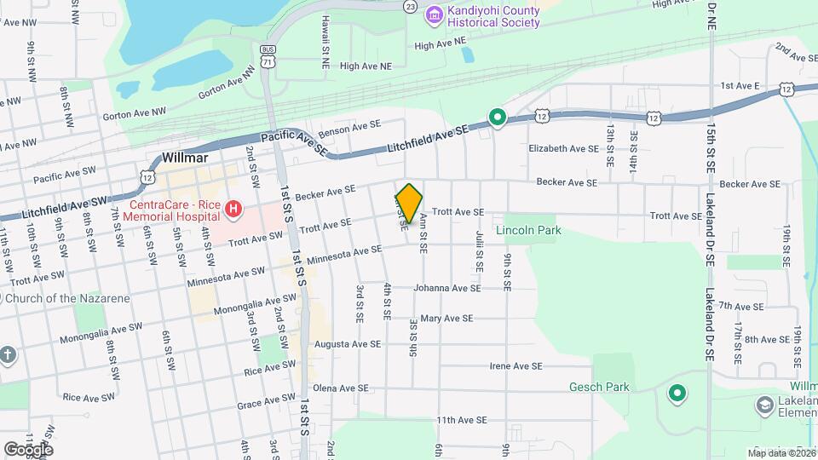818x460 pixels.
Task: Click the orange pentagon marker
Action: tap(409, 204)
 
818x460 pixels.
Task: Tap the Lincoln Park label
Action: tap(533, 230)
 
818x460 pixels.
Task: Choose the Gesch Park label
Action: tap(599, 387)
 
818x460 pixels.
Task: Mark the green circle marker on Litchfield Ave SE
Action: tap(498, 118)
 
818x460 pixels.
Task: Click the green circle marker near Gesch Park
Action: tap(677, 393)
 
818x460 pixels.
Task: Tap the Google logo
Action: tap(28, 449)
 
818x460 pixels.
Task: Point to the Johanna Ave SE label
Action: tap(447, 288)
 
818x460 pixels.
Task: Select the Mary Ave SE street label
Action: tap(446, 319)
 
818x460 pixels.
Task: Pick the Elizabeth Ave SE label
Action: tap(564, 148)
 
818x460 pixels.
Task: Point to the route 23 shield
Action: tap(411, 6)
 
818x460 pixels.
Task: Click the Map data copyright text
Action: tap(781, 452)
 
